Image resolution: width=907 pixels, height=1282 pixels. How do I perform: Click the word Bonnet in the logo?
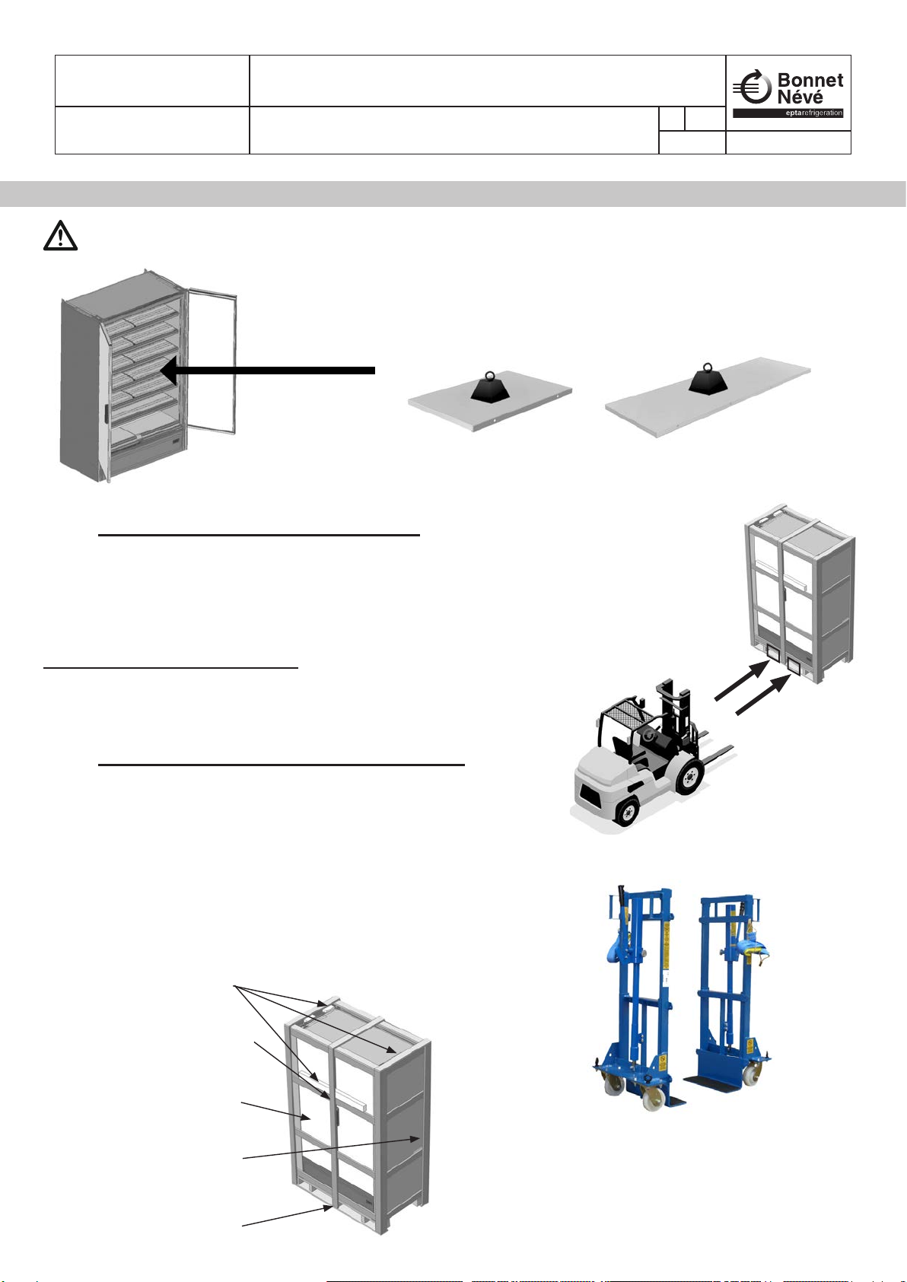(x=810, y=80)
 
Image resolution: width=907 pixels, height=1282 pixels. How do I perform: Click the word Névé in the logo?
(x=799, y=97)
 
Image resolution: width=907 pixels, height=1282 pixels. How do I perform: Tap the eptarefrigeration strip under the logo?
(x=788, y=113)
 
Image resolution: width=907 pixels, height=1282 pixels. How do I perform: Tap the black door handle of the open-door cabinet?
(x=105, y=415)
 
